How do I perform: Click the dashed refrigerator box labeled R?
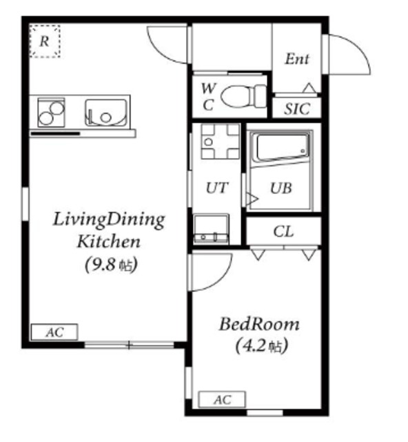(x=45, y=41)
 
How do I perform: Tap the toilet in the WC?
(x=244, y=96)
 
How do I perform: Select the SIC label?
(x=297, y=109)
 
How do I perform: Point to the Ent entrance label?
(x=297, y=59)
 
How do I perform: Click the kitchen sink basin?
(x=106, y=113)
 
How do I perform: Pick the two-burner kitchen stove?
(x=51, y=113)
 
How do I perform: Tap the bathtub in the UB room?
(x=282, y=148)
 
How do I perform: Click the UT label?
(x=217, y=188)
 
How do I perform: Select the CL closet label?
(x=283, y=232)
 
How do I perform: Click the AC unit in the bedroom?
(x=222, y=399)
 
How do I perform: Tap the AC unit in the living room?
(x=54, y=332)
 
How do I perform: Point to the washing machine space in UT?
(x=221, y=141)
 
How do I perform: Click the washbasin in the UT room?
(x=211, y=229)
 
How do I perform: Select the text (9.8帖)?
(x=111, y=265)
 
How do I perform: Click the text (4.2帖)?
(x=261, y=345)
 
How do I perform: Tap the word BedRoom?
(x=259, y=324)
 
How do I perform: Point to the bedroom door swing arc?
(x=220, y=278)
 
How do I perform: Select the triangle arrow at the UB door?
(x=252, y=199)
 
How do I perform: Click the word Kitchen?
(x=109, y=242)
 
